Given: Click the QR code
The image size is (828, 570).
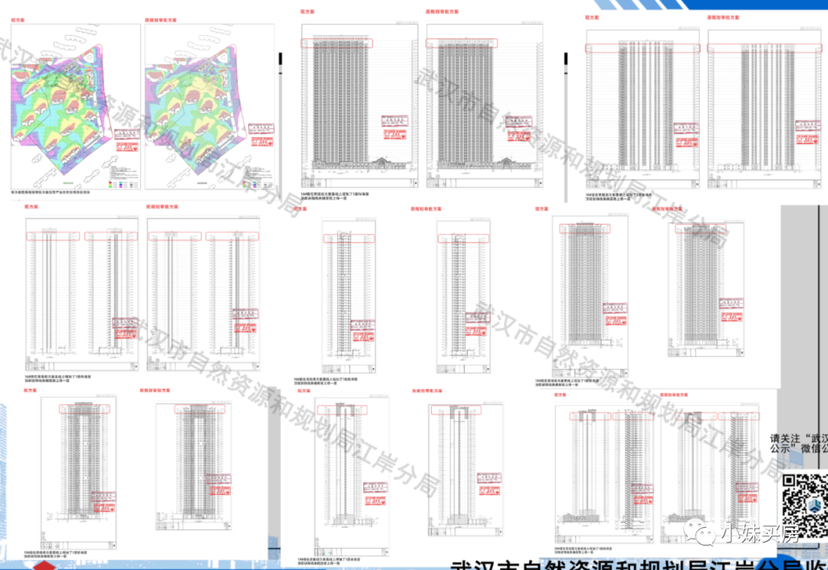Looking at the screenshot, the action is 804,499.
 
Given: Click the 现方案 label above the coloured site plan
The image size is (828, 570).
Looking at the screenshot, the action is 18,21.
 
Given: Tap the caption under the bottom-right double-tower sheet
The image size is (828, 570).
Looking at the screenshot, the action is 583,551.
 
